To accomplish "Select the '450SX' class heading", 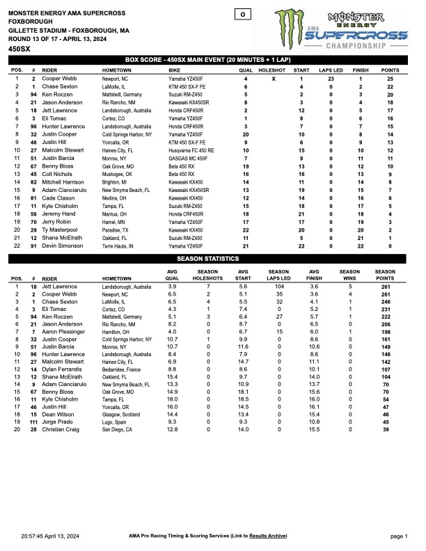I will pos(20,50).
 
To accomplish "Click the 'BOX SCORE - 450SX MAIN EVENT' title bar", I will pos(212,60).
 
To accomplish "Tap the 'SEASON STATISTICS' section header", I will pos(212,259).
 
